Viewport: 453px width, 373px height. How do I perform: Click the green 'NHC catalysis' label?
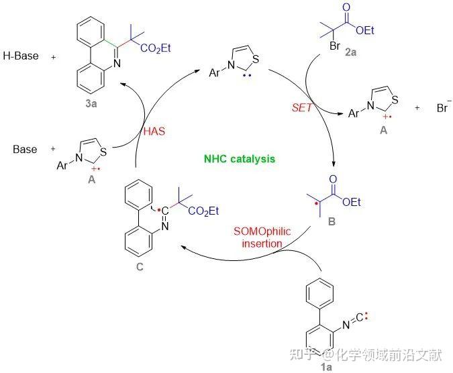[240, 159]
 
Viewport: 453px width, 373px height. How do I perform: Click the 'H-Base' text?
[21, 57]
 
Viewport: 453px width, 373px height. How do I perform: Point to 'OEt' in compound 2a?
[366, 30]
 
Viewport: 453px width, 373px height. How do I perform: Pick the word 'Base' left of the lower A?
[26, 149]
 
